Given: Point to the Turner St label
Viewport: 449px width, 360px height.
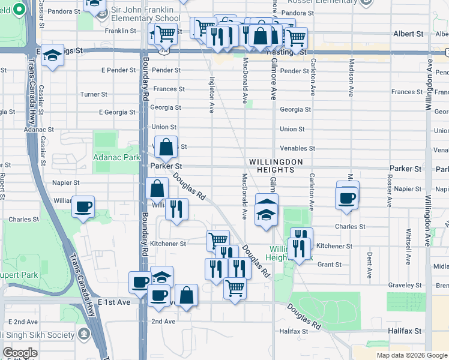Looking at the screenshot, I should pyautogui.click(x=94, y=94).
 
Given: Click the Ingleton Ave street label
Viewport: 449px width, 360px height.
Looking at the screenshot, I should pyautogui.click(x=211, y=95).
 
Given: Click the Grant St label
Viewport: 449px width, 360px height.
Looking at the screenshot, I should pyautogui.click(x=329, y=264).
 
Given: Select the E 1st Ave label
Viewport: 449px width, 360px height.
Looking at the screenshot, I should pyautogui.click(x=114, y=302).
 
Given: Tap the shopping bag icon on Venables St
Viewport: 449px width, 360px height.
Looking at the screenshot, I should pyautogui.click(x=166, y=146).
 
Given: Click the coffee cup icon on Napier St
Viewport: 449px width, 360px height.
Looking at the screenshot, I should pyautogui.click(x=348, y=197).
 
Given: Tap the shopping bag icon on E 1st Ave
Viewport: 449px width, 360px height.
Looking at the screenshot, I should pyautogui.click(x=186, y=295).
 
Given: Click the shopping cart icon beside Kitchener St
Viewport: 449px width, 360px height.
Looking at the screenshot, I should pyautogui.click(x=218, y=241).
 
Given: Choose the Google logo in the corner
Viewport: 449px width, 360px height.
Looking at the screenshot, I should pyautogui.click(x=20, y=353).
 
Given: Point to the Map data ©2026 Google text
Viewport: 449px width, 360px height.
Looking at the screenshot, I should pyautogui.click(x=412, y=355).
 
